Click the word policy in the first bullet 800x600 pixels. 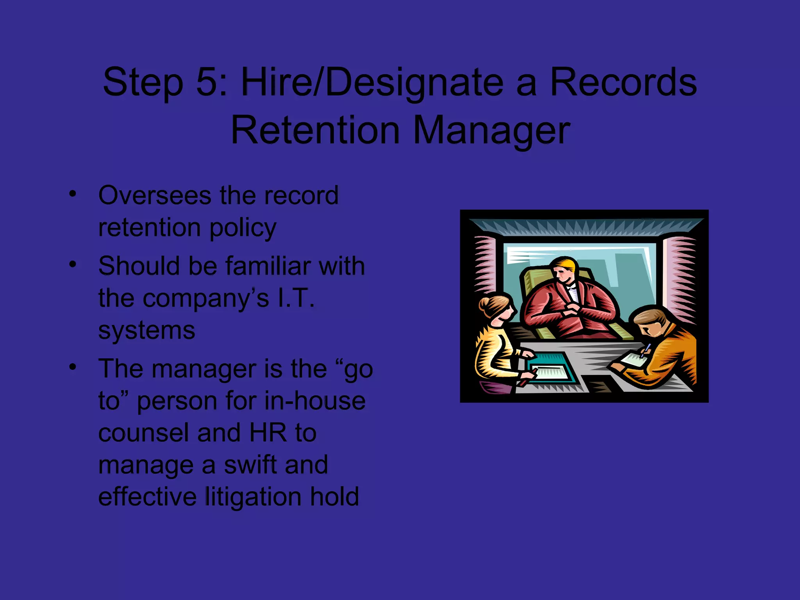[x=243, y=228]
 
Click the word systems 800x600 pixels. [x=146, y=330]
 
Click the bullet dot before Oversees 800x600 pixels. [x=72, y=194]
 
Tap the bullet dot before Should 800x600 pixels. [x=72, y=265]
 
